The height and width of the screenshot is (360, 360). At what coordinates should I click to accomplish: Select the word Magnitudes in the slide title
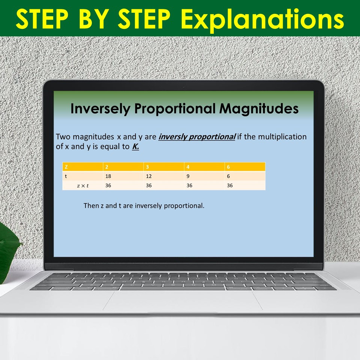(259, 109)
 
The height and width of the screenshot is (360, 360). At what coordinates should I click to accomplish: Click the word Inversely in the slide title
(100, 109)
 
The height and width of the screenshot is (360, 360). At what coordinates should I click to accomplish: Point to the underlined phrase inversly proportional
(197, 137)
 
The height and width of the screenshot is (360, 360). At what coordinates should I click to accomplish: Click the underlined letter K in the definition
(135, 147)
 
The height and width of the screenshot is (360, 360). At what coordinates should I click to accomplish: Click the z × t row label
(82, 186)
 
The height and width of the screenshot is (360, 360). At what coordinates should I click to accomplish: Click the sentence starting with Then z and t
(144, 206)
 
